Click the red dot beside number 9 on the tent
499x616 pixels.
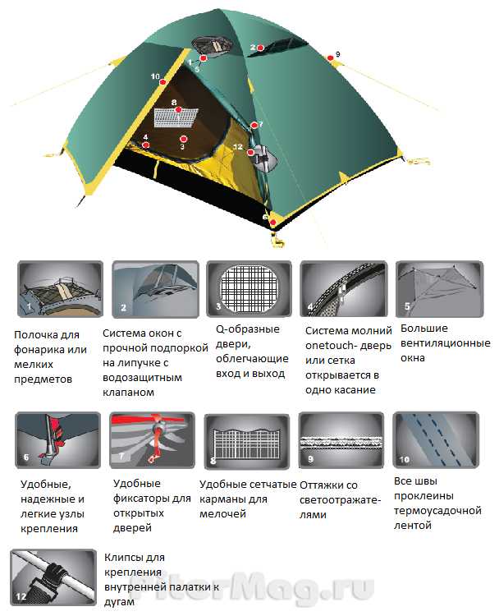[x=331, y=57]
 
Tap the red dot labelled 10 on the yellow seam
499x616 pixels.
[x=163, y=82]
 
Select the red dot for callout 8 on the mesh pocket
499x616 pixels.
[x=179, y=109]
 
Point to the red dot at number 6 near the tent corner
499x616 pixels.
[x=273, y=223]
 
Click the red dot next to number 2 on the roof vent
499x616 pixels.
[x=260, y=48]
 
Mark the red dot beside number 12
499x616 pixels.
[x=250, y=152]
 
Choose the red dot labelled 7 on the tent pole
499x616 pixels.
[x=254, y=126]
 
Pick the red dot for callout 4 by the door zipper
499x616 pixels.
[x=146, y=145]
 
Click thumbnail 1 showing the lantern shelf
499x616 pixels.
[x=60, y=289]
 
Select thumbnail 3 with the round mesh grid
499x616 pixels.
[x=249, y=289]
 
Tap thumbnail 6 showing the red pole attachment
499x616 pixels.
[x=57, y=440]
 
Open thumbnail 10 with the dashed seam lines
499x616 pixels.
[x=436, y=439]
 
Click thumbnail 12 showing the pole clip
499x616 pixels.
[x=53, y=577]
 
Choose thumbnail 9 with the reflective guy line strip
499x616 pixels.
[x=341, y=440]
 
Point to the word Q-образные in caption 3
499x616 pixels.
[x=248, y=329]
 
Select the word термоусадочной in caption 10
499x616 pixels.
[x=437, y=511]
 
